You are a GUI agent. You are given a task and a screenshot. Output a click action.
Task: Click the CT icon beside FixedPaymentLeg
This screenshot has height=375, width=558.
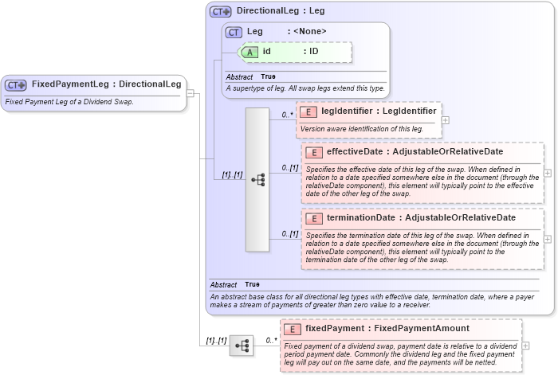16,84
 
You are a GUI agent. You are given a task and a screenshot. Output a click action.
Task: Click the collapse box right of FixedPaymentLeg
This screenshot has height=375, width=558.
191,94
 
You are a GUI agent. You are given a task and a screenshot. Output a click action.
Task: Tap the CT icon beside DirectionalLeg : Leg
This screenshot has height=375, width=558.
220,12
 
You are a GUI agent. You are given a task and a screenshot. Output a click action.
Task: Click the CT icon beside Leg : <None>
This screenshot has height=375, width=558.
234,32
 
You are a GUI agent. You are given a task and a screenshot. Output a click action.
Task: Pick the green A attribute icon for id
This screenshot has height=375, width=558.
250,51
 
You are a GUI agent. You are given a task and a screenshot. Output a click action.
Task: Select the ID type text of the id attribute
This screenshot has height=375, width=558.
314,51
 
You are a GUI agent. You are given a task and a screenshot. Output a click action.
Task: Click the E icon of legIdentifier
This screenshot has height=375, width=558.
308,111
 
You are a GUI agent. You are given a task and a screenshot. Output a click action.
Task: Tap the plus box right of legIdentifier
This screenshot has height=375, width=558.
445,120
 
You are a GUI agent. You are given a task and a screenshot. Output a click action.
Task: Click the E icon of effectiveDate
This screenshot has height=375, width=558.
313,152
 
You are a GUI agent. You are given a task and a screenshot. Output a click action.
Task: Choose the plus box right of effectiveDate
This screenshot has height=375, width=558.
548,173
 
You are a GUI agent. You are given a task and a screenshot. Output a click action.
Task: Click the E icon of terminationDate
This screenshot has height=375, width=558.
313,218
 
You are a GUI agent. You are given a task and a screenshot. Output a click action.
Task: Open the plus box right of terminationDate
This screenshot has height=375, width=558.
548,239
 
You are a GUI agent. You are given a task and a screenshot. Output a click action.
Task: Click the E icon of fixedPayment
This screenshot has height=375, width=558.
293,329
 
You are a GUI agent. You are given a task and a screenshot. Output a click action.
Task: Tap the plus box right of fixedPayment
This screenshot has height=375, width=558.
525,346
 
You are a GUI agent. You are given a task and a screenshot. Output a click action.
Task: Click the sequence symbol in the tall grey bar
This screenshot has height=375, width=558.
257,180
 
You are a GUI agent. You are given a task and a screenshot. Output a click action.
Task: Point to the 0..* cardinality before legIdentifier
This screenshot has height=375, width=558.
288,115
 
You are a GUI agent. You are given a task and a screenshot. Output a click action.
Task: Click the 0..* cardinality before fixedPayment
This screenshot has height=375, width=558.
272,340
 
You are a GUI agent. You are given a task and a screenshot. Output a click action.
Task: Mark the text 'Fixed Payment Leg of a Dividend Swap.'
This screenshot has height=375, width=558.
69,102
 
